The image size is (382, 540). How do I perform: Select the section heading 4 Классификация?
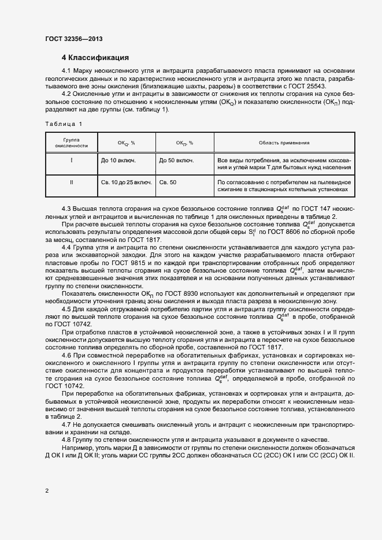coord(95,58)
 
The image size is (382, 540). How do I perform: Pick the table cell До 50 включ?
coord(176,160)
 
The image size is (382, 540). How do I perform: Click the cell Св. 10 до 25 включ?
coord(126,182)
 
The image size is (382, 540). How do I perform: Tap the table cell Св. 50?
coord(169,182)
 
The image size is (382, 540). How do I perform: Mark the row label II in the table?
coord(71,182)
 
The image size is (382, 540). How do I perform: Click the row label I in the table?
coord(71,160)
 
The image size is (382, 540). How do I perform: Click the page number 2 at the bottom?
coord(47,490)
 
